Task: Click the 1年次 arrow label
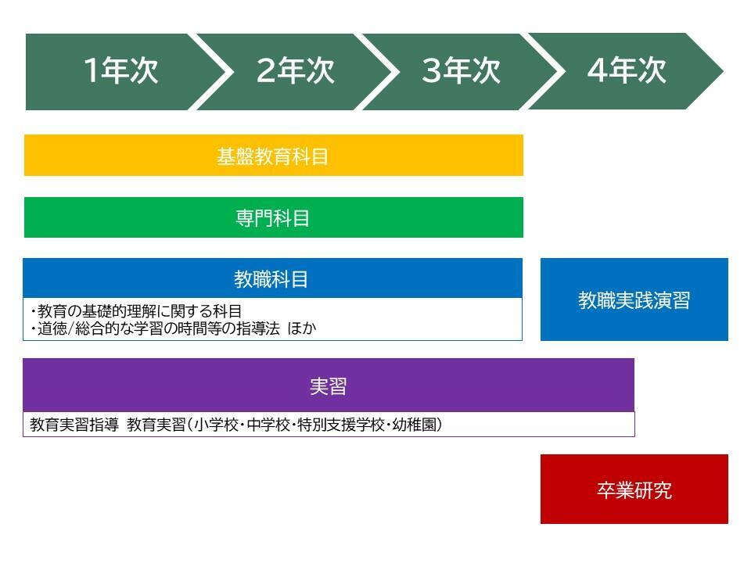point(120,71)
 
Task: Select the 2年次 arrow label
point(295,71)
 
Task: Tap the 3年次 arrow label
point(461,71)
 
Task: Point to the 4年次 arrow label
point(627,71)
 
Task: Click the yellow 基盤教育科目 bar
point(274,155)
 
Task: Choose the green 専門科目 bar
point(274,217)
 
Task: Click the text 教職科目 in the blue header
point(271,279)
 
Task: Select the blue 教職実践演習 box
point(634,299)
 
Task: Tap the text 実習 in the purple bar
point(328,386)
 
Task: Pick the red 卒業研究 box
point(634,489)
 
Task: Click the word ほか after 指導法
point(302,328)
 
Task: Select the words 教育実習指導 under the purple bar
point(74,425)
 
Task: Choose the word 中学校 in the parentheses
point(268,425)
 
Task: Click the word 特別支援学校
point(341,425)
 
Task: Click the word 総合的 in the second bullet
point(98,328)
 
